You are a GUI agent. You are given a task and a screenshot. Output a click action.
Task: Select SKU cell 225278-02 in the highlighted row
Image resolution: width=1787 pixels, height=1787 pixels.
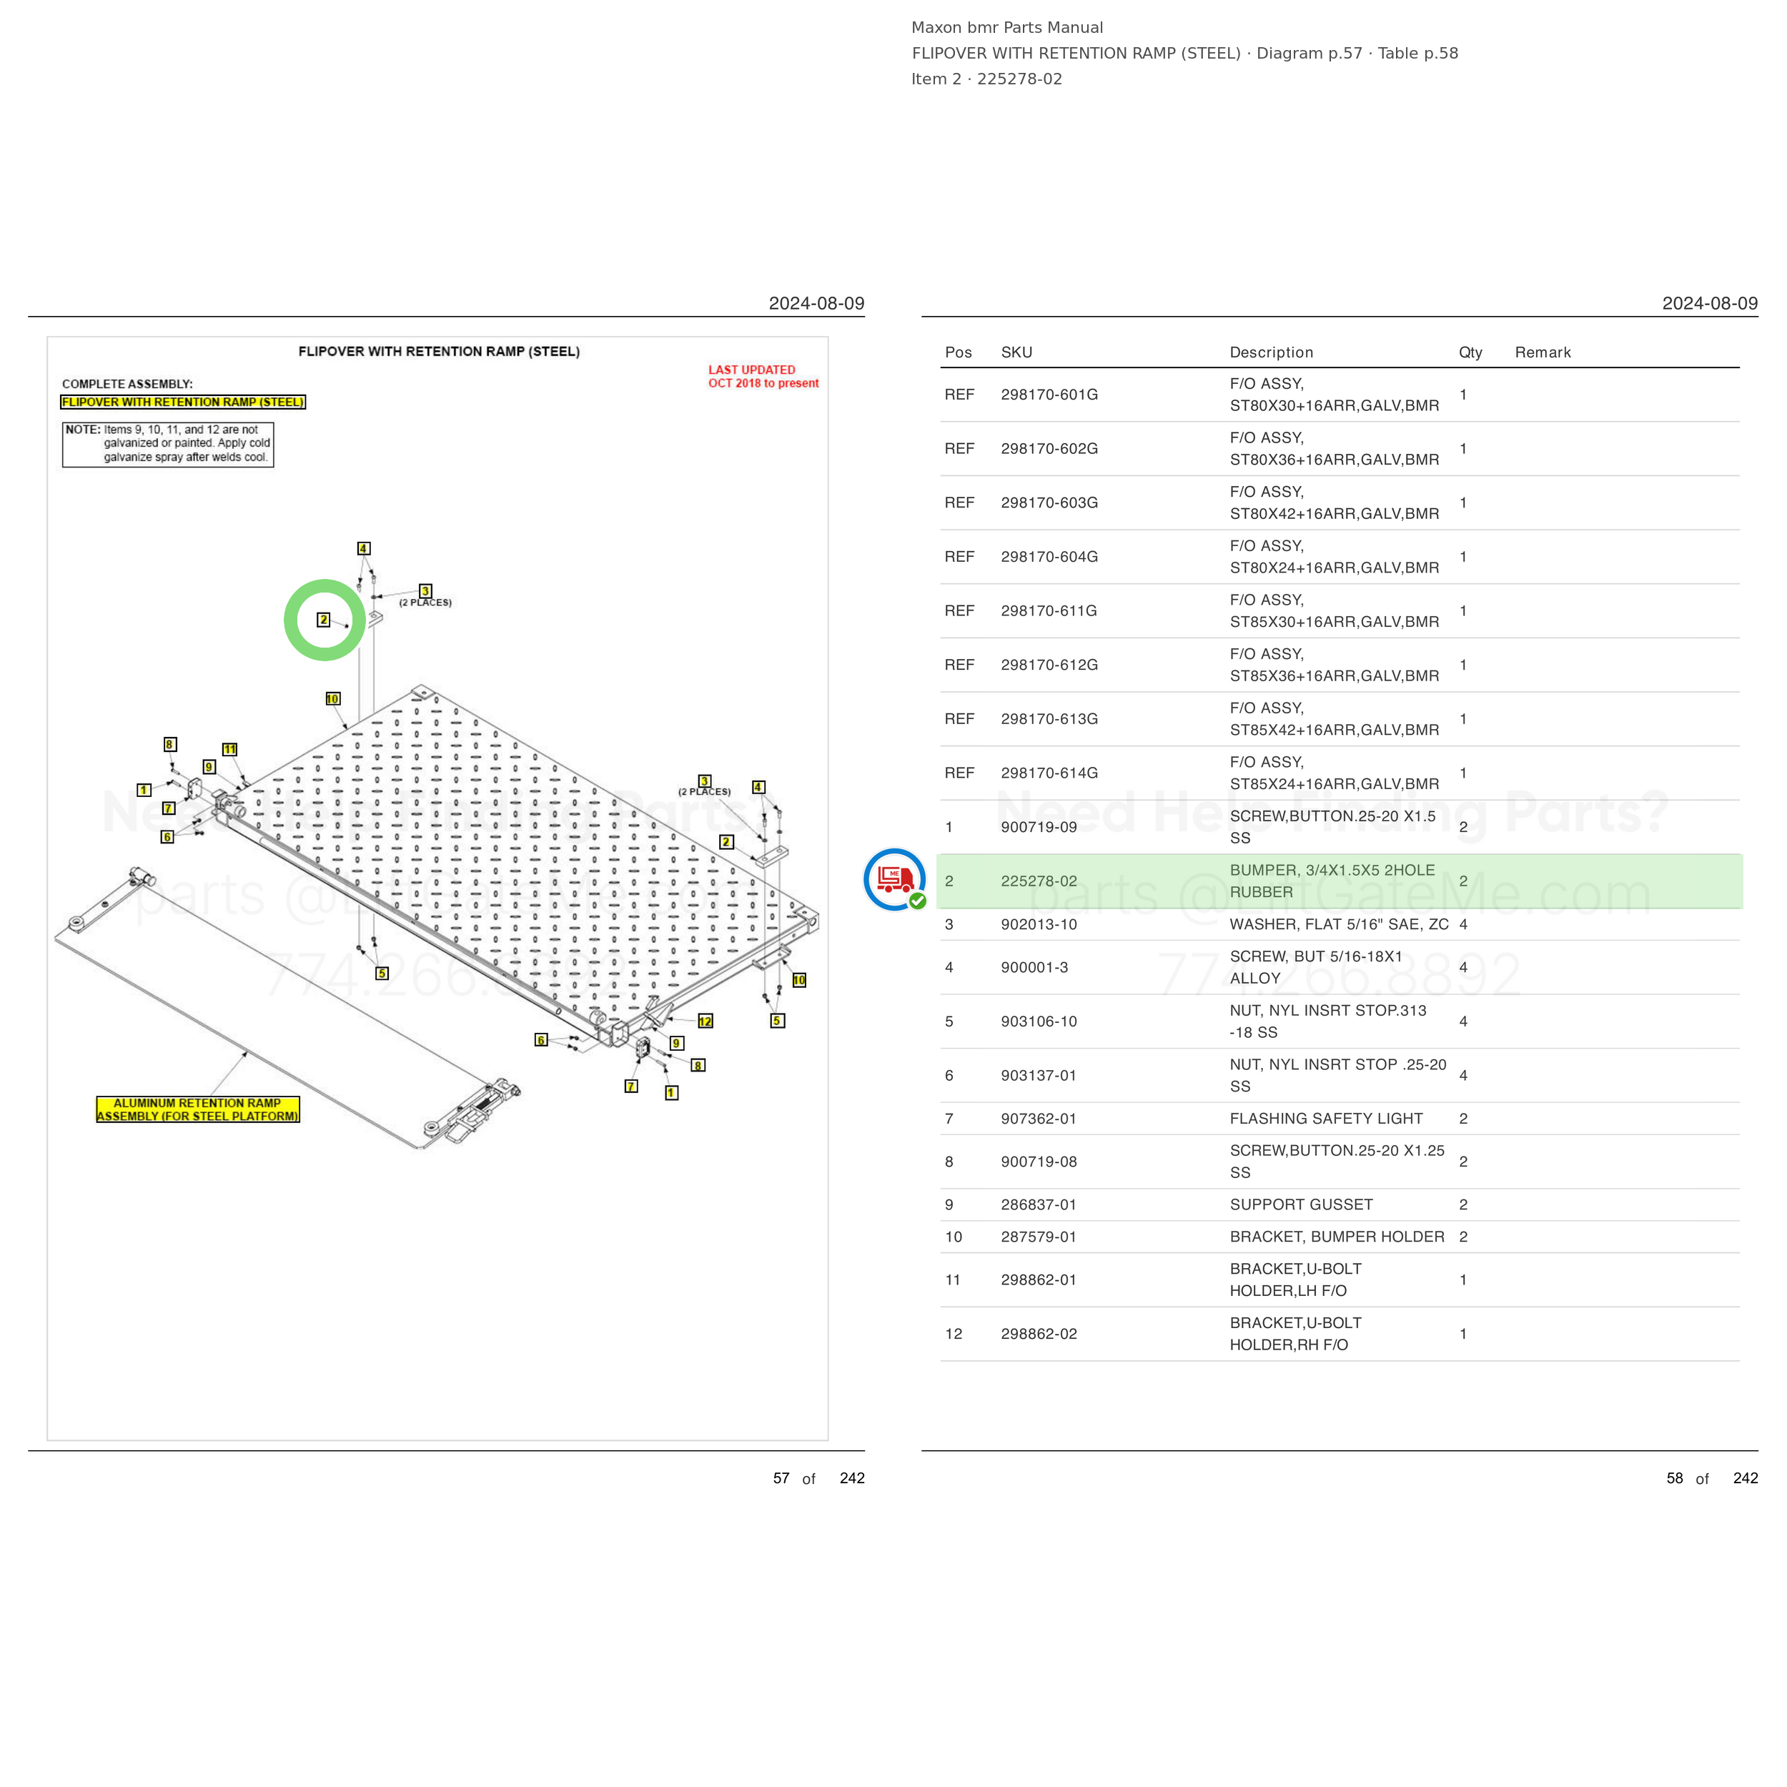tap(1039, 881)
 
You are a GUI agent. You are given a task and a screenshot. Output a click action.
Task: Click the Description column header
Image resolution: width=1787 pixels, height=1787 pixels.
tap(1271, 352)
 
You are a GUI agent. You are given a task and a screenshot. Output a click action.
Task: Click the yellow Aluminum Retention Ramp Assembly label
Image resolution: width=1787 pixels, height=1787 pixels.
tap(198, 1110)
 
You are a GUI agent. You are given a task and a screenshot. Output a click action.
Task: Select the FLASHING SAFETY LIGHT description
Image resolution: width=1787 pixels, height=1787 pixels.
tap(1325, 1119)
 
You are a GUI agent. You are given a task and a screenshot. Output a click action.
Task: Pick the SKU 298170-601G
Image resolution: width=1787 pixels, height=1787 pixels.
tap(1049, 395)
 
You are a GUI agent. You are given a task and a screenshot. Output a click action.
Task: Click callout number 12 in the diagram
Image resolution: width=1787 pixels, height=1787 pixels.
tap(706, 1021)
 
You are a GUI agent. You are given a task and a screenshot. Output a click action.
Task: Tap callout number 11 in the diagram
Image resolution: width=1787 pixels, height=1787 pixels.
tap(229, 749)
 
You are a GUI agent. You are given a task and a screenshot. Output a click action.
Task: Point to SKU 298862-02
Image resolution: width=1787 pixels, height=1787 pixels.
tap(1039, 1335)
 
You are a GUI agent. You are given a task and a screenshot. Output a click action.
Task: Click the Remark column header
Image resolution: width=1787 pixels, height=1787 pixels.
tap(1543, 352)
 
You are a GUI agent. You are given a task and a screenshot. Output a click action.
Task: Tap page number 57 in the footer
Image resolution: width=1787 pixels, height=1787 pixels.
tap(781, 1478)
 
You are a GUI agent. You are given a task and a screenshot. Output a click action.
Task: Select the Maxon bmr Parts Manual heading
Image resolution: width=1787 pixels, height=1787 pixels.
tap(1007, 28)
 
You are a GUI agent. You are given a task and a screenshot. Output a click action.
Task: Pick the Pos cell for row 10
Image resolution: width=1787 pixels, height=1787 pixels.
tap(954, 1237)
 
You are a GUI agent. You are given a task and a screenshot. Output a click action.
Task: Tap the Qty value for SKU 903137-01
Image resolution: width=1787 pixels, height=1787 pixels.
tap(1463, 1076)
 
